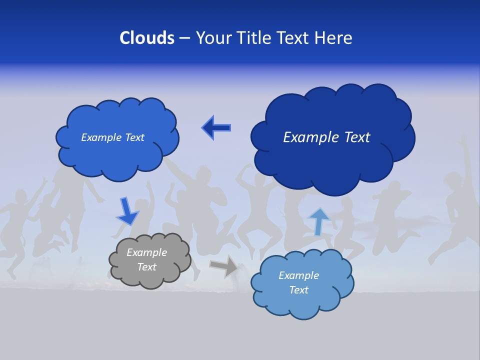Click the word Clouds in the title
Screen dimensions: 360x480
147,38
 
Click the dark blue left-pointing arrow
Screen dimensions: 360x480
216,128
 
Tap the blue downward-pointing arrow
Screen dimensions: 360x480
127,212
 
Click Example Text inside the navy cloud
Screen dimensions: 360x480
326,137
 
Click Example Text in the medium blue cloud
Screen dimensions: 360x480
112,137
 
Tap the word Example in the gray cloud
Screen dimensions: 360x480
146,252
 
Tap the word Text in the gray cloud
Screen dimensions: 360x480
147,267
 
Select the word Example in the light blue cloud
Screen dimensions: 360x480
298,275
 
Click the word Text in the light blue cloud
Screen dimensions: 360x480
298,290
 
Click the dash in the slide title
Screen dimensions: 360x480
184,38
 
